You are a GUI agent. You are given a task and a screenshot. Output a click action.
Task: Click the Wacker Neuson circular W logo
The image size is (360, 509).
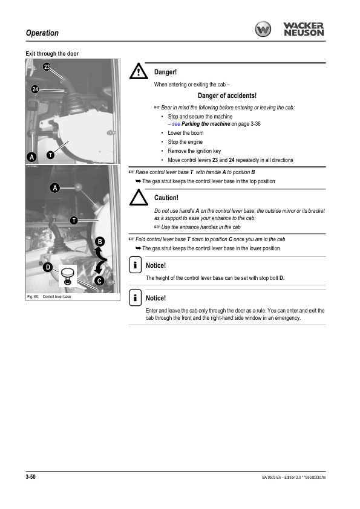[x=263, y=29]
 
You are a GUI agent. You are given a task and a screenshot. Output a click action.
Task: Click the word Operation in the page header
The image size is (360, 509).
[x=42, y=33]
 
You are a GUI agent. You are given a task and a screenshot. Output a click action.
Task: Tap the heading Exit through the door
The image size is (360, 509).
[x=52, y=54]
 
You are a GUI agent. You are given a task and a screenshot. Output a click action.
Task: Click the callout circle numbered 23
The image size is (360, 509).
[x=47, y=66]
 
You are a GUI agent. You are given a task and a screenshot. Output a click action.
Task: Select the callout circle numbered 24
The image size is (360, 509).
[x=35, y=89]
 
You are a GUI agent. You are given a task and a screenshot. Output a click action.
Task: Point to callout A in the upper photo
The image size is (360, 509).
[x=31, y=157]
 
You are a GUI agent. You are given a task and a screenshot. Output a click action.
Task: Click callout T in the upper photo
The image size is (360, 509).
[x=50, y=155]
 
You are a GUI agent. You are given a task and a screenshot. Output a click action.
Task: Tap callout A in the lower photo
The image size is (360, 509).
[x=55, y=187]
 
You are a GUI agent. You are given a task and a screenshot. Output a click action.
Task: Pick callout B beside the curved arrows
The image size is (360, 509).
[x=100, y=242]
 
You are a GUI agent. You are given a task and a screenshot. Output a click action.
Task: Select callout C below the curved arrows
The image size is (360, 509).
[x=99, y=280]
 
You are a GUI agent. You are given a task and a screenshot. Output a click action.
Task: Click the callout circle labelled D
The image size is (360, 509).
[x=48, y=267]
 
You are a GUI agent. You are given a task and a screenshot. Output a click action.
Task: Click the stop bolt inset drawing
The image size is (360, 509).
[x=68, y=276]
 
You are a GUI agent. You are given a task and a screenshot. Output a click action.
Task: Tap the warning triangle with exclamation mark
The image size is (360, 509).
[x=139, y=71]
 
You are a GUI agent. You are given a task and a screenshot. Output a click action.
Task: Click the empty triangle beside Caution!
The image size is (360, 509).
[x=139, y=197]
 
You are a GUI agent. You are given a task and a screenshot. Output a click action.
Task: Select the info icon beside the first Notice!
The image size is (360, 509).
[x=135, y=265]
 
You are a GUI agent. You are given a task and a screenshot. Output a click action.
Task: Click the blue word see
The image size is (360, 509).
[x=176, y=124]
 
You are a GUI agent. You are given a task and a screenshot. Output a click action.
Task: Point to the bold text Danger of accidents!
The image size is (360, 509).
[x=227, y=96]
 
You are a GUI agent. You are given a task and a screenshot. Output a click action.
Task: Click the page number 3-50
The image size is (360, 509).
[x=30, y=476]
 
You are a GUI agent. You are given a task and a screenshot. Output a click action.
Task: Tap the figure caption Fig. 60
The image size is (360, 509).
[x=33, y=297]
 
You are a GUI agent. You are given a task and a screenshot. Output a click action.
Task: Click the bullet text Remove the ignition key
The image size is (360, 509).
[x=194, y=151]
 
